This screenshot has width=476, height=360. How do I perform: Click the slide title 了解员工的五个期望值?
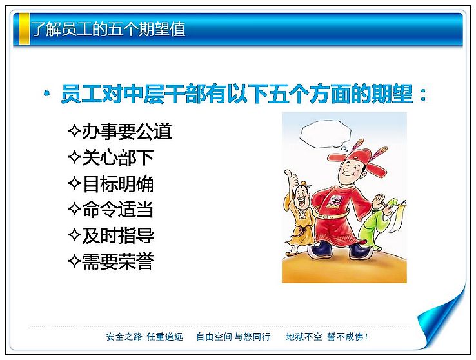(108, 29)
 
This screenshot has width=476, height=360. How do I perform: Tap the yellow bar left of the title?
(25, 28)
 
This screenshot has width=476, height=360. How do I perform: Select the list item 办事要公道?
(127, 132)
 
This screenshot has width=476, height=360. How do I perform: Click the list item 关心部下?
(118, 157)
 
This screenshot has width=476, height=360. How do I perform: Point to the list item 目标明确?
(118, 183)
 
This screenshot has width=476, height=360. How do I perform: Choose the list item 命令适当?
(118, 209)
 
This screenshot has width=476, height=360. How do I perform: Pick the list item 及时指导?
(118, 235)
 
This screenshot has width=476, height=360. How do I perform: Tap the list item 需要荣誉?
(118, 261)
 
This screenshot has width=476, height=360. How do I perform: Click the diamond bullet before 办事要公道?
(74, 131)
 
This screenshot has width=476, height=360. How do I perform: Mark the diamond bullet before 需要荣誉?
(74, 261)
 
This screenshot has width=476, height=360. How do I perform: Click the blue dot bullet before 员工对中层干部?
(46, 93)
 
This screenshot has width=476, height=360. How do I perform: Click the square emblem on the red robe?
(335, 202)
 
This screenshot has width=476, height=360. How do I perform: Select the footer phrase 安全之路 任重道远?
(145, 337)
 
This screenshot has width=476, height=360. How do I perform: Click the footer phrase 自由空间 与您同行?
(233, 337)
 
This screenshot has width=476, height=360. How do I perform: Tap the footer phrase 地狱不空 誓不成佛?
(327, 337)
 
